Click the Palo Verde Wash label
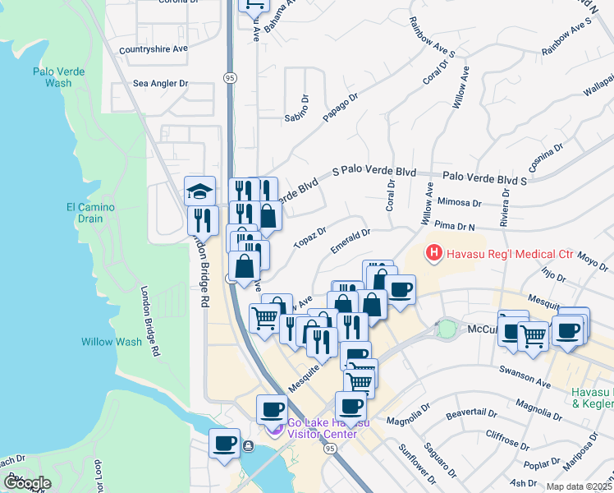57,77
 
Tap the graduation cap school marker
199,191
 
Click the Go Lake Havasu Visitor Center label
323,428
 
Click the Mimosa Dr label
460,202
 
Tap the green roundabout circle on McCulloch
446,329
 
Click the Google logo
27,483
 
